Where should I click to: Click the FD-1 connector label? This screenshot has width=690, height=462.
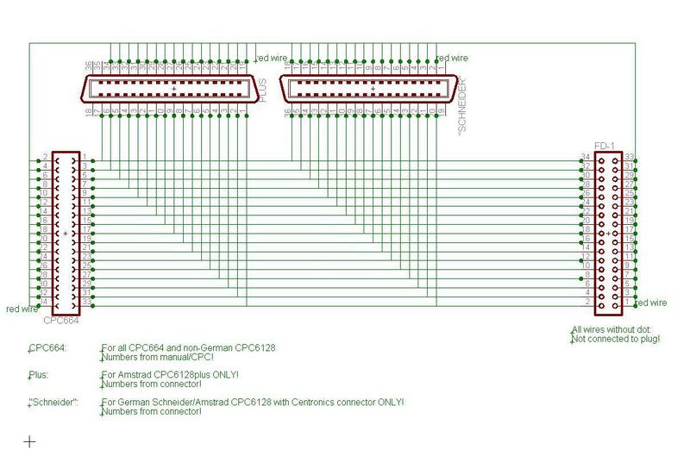click(605, 147)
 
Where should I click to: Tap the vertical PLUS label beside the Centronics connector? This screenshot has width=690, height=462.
click(264, 90)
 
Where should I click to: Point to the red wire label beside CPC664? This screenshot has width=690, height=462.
click(22, 309)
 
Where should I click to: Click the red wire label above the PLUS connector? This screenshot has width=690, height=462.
click(272, 59)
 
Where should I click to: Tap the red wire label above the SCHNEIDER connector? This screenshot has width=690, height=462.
click(453, 59)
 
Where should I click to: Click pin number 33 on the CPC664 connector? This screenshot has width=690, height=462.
click(86, 302)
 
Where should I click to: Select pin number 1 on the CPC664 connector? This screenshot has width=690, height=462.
click(85, 158)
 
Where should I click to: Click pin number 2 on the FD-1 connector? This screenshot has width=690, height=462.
click(587, 302)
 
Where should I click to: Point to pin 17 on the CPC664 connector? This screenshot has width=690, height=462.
click(86, 230)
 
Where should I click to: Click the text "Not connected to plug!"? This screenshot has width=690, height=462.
click(616, 340)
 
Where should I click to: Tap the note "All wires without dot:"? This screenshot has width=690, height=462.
click(615, 330)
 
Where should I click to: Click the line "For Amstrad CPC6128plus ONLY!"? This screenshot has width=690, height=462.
click(170, 374)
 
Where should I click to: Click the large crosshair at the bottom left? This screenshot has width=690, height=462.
click(29, 441)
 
